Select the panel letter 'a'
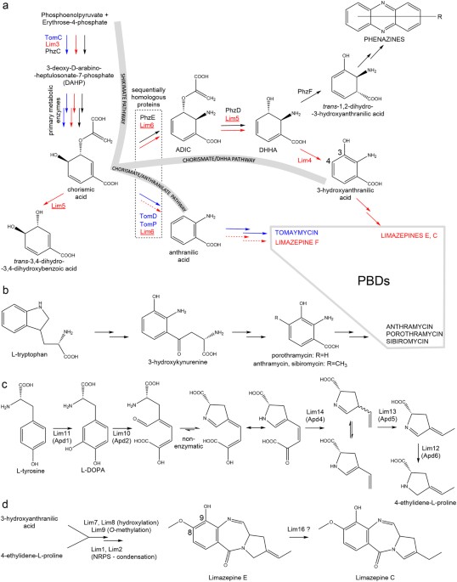point(6,7)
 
